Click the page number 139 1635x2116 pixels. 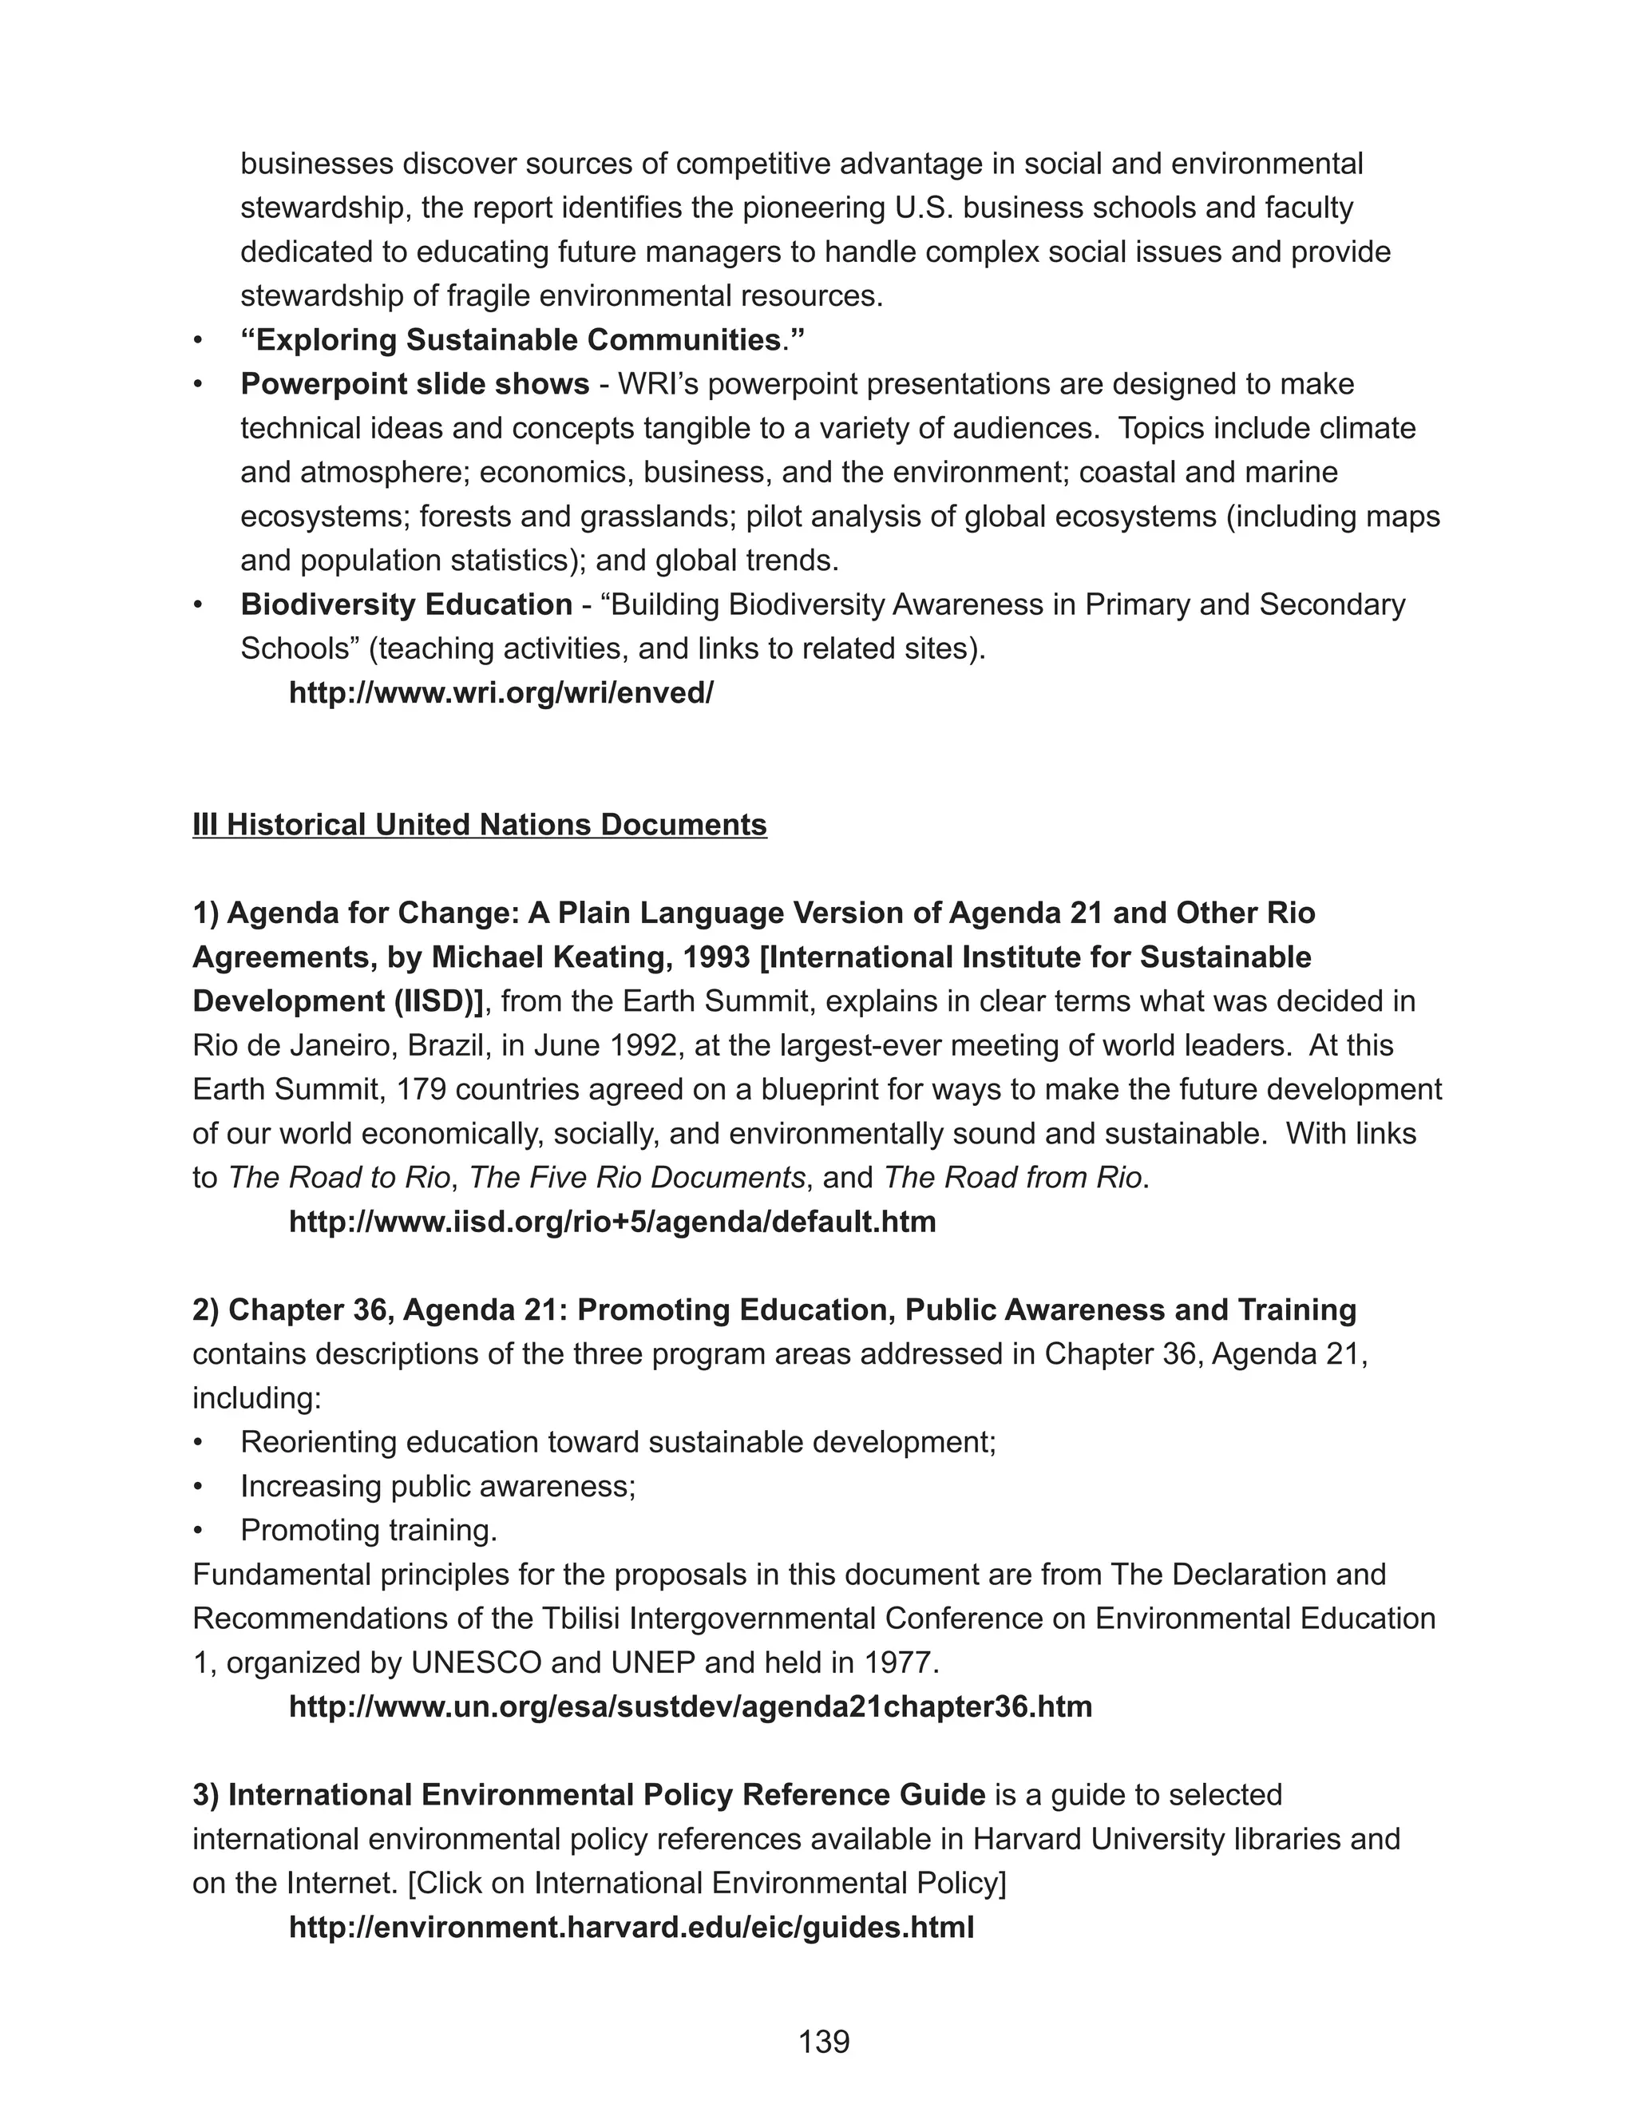(823, 2042)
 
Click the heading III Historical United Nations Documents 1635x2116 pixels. (480, 825)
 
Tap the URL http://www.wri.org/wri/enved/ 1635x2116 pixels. (501, 693)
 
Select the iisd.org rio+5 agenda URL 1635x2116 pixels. (612, 1222)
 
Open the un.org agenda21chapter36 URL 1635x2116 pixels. (690, 1706)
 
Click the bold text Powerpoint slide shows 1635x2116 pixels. (414, 385)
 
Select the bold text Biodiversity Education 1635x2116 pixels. (406, 604)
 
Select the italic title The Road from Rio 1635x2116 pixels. (1012, 1178)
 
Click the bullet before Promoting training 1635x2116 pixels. (199, 1531)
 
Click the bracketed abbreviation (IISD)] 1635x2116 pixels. (437, 1002)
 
